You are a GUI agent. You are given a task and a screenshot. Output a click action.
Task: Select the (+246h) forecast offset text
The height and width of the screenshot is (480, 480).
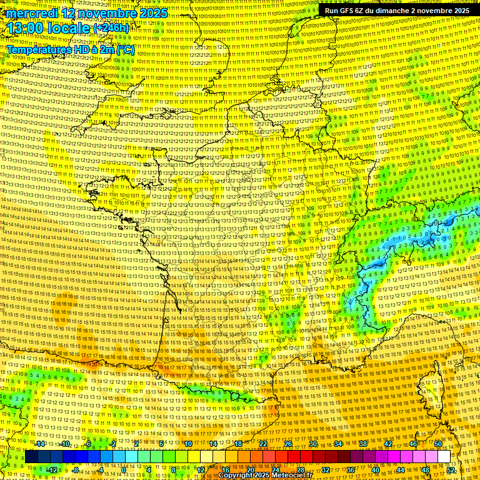(x=111, y=28)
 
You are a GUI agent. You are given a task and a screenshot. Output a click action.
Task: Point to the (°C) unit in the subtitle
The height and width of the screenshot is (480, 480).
(x=125, y=49)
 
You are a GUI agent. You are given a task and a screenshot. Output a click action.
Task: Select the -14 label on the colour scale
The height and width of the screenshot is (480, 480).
(x=40, y=444)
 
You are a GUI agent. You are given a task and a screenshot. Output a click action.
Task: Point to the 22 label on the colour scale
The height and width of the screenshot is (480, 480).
(x=263, y=444)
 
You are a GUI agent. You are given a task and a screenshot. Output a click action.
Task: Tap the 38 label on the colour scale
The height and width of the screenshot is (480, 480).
(x=362, y=444)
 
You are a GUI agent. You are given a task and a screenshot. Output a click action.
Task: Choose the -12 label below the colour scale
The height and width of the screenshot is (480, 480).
(x=52, y=469)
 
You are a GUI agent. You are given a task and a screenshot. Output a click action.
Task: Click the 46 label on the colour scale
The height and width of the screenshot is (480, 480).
(x=412, y=444)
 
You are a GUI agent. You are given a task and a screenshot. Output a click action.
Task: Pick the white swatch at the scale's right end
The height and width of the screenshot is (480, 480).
(x=444, y=457)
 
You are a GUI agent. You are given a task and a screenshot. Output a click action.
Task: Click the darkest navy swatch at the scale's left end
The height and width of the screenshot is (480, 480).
(x=31, y=457)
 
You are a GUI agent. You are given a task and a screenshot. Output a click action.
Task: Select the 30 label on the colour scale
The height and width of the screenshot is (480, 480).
(x=313, y=444)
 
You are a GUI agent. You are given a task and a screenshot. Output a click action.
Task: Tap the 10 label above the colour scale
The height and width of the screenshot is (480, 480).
(x=188, y=444)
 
